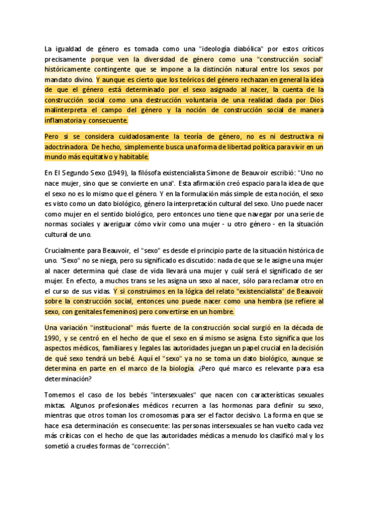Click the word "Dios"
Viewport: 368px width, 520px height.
[x=314, y=100]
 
